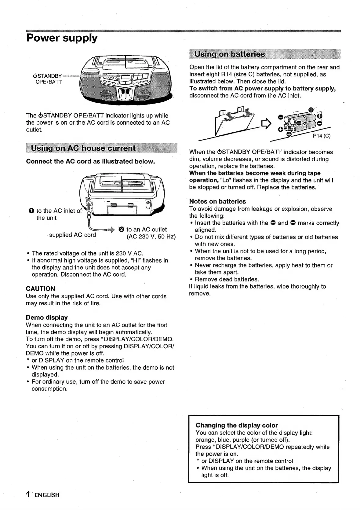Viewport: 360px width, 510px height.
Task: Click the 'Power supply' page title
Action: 62,38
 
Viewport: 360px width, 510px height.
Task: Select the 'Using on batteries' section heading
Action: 230,54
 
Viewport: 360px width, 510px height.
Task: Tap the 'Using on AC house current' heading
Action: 83,148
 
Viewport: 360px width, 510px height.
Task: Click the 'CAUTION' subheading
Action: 41,289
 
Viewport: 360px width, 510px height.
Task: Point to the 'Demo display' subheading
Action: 47,317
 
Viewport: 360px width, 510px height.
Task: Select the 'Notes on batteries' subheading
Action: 217,201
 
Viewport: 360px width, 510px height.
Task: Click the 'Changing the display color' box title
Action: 237,425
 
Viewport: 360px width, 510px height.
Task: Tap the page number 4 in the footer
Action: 28,494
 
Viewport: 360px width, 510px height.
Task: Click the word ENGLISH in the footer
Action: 47,495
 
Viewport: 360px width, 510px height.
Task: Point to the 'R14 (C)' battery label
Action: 322,136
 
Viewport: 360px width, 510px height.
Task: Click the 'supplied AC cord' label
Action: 72,235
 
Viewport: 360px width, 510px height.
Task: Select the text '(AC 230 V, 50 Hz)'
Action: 151,237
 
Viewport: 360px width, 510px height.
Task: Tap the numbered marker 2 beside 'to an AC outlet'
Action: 121,229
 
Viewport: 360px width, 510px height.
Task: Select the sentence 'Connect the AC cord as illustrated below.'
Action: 90,161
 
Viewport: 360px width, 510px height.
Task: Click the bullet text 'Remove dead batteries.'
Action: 227,279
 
